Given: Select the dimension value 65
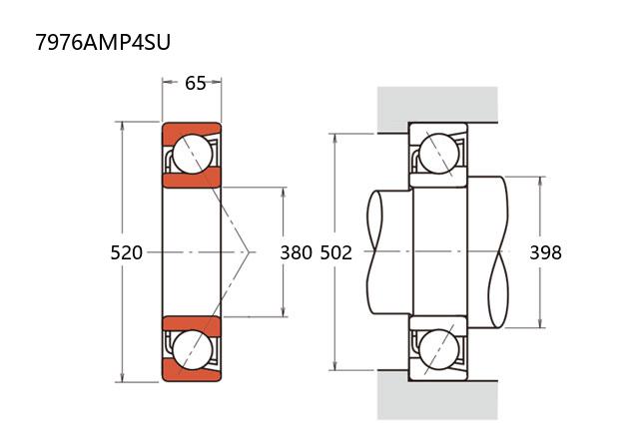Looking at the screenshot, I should click(196, 83).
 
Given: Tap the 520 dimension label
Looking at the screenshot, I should click(127, 252).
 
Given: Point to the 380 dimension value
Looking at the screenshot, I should click(296, 252).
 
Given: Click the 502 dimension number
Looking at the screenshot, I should click(336, 252).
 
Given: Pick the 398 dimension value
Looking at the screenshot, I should click(545, 252).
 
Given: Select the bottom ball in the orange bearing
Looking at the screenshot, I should click(192, 350).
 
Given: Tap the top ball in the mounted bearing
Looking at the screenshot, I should click(438, 154).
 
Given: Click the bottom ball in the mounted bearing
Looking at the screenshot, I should click(438, 350).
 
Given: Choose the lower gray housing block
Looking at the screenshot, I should click(437, 399).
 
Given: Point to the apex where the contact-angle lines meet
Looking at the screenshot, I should click(248, 252).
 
